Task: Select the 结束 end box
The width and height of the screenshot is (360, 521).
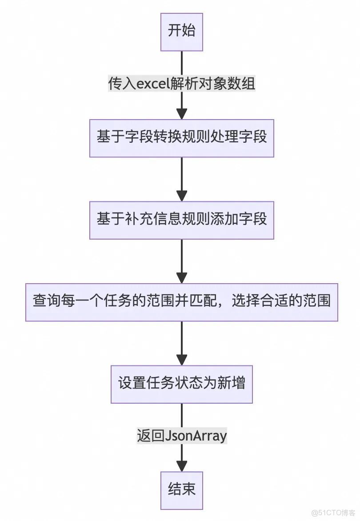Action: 181,490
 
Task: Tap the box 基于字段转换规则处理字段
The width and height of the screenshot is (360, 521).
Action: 181,138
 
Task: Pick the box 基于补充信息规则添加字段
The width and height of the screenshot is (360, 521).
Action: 181,220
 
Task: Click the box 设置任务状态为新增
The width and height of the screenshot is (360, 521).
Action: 181,384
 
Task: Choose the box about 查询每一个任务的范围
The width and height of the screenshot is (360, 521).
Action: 181,302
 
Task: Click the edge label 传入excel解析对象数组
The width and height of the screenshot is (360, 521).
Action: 181,84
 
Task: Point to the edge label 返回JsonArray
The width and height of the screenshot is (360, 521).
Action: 181,436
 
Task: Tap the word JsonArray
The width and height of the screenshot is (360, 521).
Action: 196,436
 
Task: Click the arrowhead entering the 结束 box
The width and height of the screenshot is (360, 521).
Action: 181,466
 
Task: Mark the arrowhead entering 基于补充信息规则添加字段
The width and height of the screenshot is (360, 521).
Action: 181,196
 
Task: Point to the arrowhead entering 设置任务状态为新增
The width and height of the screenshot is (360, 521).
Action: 181,360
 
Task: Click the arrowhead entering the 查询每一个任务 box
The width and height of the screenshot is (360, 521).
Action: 181,277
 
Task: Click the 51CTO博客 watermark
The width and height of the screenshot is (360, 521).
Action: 333,513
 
